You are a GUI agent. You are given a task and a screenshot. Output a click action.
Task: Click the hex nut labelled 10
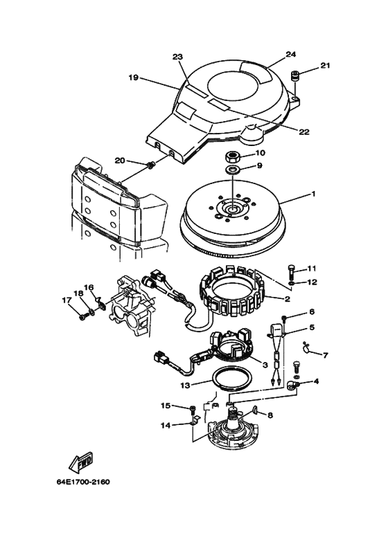232,157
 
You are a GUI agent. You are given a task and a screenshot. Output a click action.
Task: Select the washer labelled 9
232,169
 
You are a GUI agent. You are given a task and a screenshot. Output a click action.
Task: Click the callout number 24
291,54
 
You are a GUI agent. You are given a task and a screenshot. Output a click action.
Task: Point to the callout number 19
134,78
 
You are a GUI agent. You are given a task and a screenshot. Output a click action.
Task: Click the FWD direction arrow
81,462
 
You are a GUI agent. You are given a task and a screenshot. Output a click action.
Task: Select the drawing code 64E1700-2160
83,482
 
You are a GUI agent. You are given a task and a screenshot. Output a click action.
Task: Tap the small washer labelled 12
290,283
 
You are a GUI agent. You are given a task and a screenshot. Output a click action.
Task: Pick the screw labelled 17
82,317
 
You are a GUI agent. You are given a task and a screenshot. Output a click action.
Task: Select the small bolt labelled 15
193,408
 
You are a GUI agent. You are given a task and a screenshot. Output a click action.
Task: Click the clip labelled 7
306,347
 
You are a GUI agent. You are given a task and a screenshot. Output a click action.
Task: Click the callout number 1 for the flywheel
313,194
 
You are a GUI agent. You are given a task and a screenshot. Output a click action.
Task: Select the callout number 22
304,132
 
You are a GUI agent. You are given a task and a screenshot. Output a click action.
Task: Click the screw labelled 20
150,165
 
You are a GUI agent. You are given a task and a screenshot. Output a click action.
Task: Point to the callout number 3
265,365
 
